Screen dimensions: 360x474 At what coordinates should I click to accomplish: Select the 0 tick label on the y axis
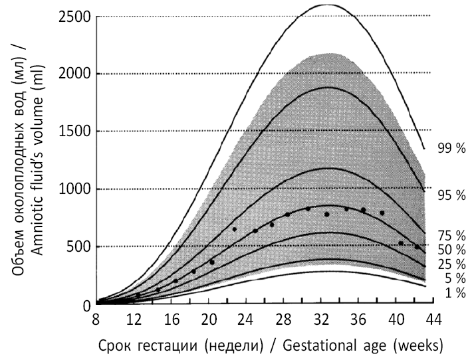point(86,305)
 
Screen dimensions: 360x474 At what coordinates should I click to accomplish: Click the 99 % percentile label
point(451,148)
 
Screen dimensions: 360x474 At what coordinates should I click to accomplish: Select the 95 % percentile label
point(451,195)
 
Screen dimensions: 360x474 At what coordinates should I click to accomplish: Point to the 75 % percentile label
point(451,235)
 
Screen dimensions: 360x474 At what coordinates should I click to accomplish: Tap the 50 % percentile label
point(451,250)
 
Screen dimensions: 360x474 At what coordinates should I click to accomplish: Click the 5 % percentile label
point(454,278)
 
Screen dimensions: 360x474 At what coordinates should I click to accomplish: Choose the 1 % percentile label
point(454,293)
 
